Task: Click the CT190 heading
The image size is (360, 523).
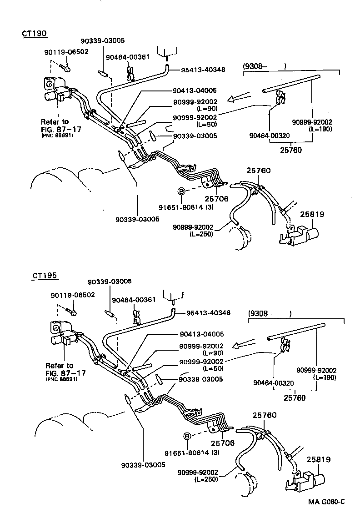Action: click(35, 34)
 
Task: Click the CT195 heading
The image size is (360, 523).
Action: click(45, 276)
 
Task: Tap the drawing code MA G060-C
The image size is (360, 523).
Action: click(326, 502)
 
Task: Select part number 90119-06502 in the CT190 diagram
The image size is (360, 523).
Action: click(66, 52)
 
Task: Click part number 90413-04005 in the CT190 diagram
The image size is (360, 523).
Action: click(194, 90)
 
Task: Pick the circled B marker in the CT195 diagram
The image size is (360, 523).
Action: click(186, 436)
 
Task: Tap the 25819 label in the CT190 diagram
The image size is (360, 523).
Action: click(309, 213)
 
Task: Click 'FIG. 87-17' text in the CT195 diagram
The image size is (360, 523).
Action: click(65, 373)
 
